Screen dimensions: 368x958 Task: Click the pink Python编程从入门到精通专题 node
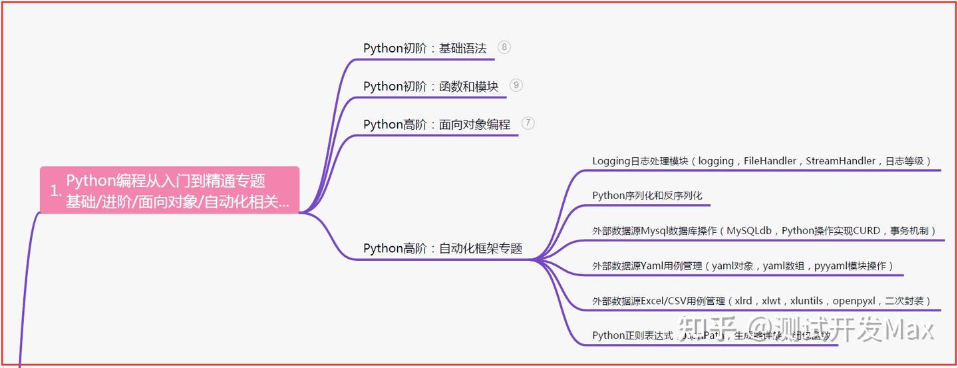pos(170,190)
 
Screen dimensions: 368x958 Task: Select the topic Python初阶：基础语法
pos(424,49)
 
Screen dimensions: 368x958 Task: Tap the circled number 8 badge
pos(504,47)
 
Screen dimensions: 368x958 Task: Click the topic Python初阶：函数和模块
pos(430,87)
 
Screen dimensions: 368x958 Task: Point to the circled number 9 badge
pos(516,85)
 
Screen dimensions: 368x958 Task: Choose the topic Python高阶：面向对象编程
pos(436,124)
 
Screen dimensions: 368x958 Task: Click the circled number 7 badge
pos(528,123)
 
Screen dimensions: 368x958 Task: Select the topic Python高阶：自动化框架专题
pos(442,248)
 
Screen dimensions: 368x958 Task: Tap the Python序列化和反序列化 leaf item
pos(647,196)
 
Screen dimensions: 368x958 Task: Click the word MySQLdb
pos(748,231)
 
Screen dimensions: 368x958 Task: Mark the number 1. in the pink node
pos(56,191)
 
